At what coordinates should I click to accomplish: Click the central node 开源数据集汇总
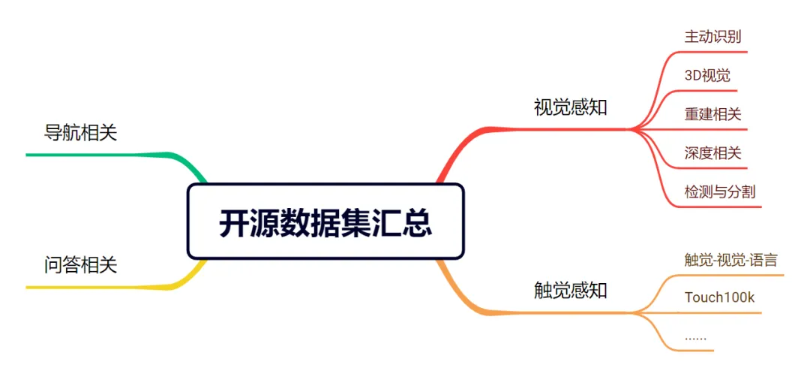point(325,222)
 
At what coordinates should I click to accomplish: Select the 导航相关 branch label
point(81,133)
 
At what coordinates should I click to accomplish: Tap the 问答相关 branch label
point(81,264)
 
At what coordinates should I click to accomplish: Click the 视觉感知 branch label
point(570,107)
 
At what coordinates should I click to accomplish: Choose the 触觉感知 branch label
point(570,290)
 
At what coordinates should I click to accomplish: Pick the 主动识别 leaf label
point(712,36)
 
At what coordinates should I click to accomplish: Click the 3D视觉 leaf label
point(707,75)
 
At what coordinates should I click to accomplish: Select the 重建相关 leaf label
point(712,114)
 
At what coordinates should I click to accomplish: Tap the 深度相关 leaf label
point(712,153)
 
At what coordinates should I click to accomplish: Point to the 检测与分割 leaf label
point(720,191)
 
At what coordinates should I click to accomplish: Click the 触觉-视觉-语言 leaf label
point(731,260)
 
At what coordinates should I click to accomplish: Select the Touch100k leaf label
point(719,297)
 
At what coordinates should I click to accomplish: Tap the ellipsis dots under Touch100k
point(695,337)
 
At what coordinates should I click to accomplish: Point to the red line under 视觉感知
point(570,129)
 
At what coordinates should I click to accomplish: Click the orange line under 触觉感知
point(570,312)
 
